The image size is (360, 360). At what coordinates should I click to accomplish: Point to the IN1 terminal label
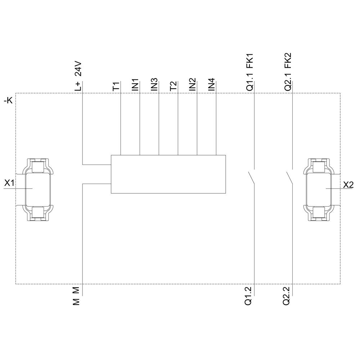tap(135, 85)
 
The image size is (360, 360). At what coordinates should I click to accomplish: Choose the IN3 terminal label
tap(154, 85)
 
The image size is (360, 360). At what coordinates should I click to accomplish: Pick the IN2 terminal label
tap(193, 85)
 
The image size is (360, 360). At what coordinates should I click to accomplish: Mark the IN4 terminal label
tap(212, 85)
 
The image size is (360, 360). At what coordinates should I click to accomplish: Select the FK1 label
tap(250, 61)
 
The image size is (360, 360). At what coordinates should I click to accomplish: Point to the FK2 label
tap(288, 61)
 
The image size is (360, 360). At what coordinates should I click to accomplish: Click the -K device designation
tap(8, 101)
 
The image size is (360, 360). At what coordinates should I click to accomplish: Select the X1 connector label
tap(9, 183)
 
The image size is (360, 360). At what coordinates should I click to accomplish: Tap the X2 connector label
tap(348, 185)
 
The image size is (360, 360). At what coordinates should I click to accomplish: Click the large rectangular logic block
tap(168, 175)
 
